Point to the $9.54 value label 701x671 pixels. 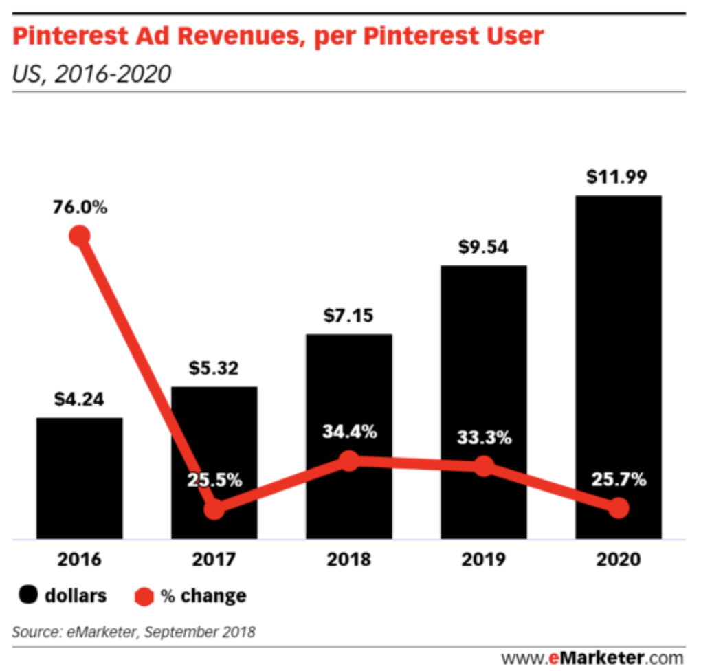pos(484,247)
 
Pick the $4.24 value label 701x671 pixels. pos(80,399)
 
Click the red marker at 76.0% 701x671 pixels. pos(80,236)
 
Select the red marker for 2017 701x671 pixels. pos(214,509)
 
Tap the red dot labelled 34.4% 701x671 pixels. pos(349,461)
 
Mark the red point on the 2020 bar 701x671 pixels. pos(619,508)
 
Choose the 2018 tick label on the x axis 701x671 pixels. pos(349,559)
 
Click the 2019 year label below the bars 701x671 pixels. pos(484,559)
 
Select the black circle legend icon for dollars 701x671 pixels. pos(28,595)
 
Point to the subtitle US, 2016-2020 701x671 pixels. pos(91,72)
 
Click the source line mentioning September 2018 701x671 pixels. pos(134,632)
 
